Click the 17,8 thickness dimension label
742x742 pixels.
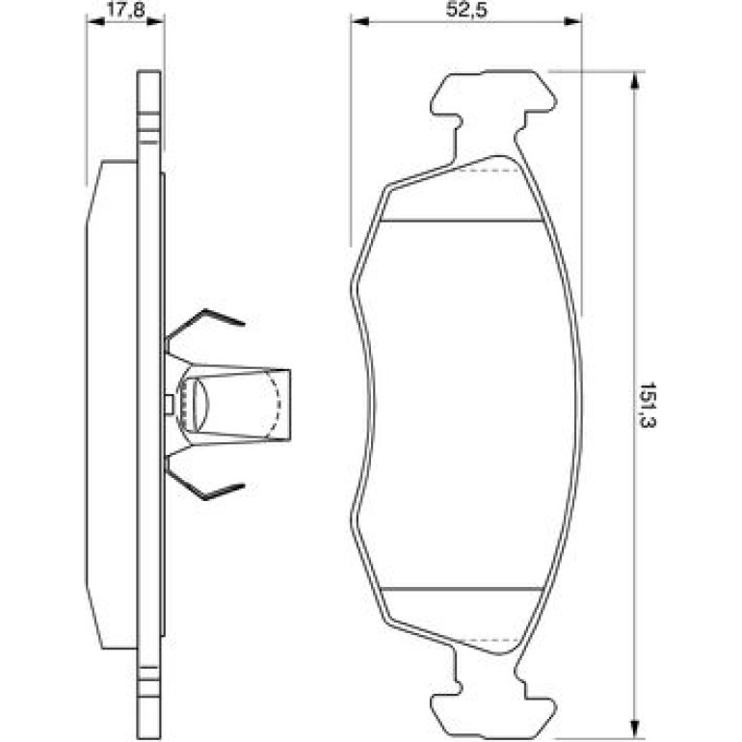coord(125,10)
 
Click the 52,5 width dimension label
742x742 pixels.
coord(466,10)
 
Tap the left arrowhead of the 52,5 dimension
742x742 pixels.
coord(359,21)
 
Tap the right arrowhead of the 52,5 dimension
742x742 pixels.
coord(572,21)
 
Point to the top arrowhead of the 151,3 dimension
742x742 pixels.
coord(635,81)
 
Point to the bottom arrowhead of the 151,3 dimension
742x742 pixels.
coord(635,727)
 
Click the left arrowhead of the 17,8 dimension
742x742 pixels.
coord(95,22)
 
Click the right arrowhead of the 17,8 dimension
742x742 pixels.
coord(155,22)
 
